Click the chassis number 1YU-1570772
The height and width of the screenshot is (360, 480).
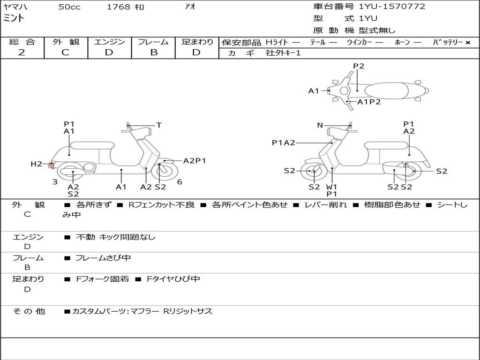(392, 7)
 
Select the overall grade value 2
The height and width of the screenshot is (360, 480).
(22, 52)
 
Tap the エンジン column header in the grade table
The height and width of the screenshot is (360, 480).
(109, 42)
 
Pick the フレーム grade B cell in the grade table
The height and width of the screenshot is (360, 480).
(153, 52)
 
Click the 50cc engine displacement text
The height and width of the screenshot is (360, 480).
(69, 7)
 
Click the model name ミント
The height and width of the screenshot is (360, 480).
(14, 19)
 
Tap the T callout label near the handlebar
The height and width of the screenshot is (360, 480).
(159, 125)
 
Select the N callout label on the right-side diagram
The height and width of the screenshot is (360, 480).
(320, 125)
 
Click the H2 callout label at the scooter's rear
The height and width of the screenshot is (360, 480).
(36, 164)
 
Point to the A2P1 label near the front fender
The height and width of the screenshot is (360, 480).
(195, 161)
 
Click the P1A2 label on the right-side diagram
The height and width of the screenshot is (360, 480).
(284, 143)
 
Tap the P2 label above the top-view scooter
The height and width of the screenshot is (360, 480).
(359, 66)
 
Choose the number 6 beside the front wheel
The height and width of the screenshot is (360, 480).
(180, 182)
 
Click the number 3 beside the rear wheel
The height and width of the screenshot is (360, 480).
(55, 182)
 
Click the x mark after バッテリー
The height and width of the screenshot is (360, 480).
(467, 42)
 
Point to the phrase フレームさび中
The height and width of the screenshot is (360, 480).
(103, 258)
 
